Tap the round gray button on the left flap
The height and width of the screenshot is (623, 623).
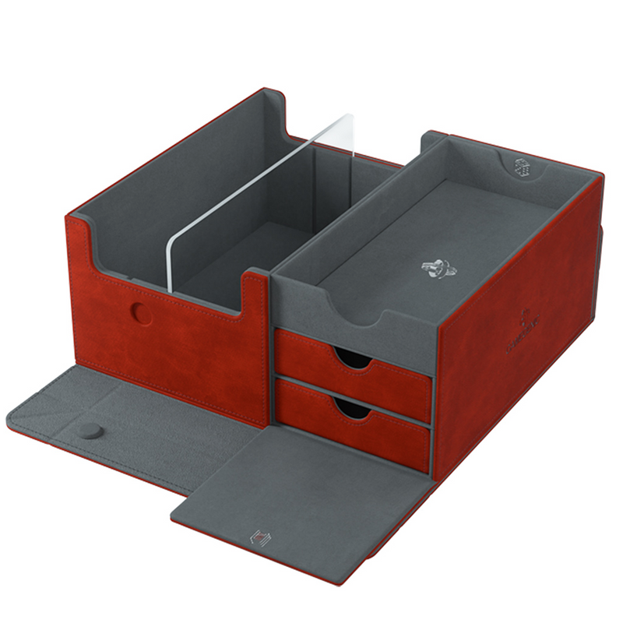point(93,430)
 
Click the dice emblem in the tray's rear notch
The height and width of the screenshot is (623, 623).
point(521,167)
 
